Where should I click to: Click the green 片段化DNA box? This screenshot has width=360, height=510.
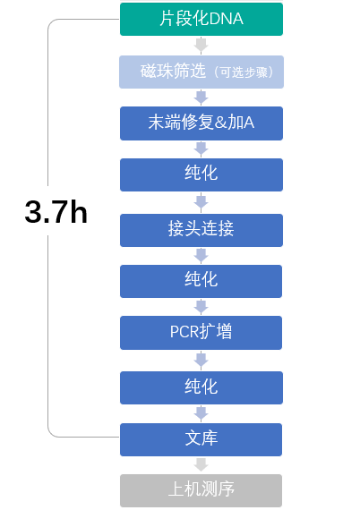(x=201, y=19)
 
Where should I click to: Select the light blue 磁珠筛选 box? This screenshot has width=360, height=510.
(x=201, y=72)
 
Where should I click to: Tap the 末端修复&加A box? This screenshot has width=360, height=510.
(x=201, y=123)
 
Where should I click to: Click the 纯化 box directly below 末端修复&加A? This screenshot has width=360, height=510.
(x=201, y=174)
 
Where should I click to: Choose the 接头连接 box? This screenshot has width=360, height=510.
(x=201, y=230)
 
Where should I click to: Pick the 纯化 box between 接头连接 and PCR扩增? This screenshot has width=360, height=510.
(x=201, y=281)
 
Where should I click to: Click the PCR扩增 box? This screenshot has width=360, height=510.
(x=201, y=333)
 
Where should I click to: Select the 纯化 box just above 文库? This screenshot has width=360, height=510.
(x=201, y=387)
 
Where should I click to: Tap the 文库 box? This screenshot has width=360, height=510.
(x=201, y=439)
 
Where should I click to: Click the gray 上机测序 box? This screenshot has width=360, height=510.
(x=201, y=490)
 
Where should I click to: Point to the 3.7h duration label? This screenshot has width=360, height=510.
(x=56, y=212)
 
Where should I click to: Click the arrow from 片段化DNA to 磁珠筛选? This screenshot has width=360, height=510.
(x=201, y=46)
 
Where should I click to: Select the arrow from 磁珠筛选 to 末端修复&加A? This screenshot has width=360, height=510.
(x=201, y=98)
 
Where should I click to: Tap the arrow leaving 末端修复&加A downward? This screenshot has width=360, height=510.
(x=201, y=149)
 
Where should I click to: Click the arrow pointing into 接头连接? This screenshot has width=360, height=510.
(x=201, y=202)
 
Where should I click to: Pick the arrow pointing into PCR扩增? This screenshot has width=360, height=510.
(x=201, y=307)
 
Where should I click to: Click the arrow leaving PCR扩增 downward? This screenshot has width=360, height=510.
(x=201, y=361)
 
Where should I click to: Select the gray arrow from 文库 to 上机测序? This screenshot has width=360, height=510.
(x=201, y=464)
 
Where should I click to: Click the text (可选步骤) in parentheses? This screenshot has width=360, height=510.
(x=244, y=72)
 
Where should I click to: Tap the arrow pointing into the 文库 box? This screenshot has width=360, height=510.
(x=201, y=413)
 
